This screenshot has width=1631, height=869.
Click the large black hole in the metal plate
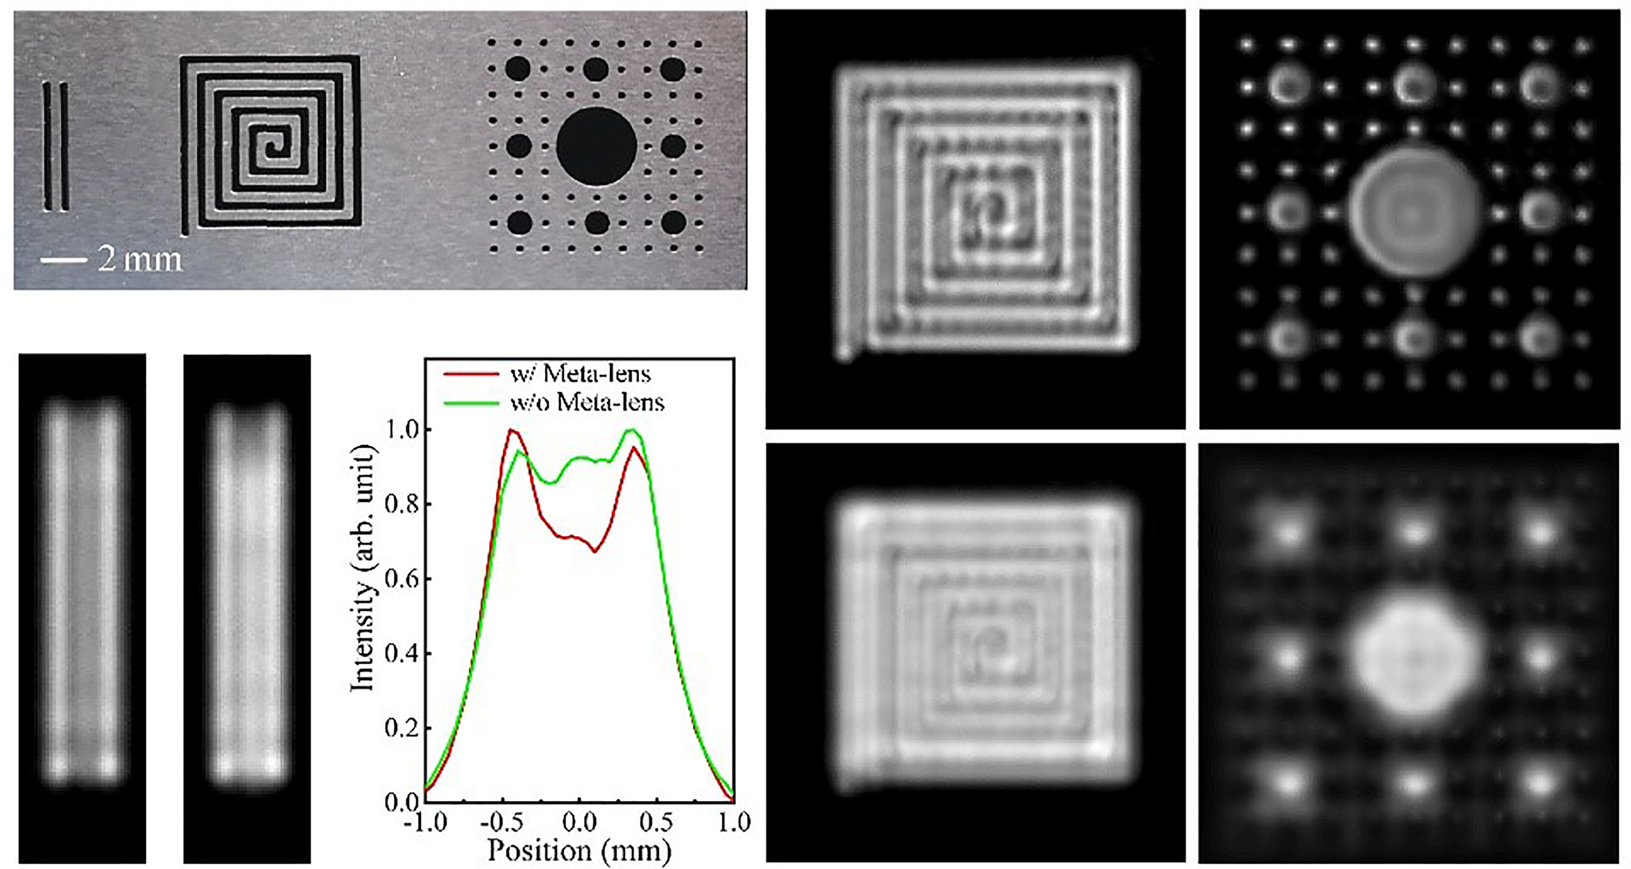(x=596, y=146)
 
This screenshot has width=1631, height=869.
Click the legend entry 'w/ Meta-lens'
(x=580, y=374)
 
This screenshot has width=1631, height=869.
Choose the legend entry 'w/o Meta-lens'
(x=587, y=402)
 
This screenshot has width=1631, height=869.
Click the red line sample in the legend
(x=470, y=374)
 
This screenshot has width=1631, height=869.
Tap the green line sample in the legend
(x=470, y=402)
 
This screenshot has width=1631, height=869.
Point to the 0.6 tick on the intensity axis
(x=427, y=579)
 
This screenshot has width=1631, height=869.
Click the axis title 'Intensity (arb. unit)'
(x=363, y=568)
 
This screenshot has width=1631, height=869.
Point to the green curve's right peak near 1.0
(x=630, y=430)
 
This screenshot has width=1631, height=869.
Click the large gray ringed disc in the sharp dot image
(x=1414, y=212)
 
